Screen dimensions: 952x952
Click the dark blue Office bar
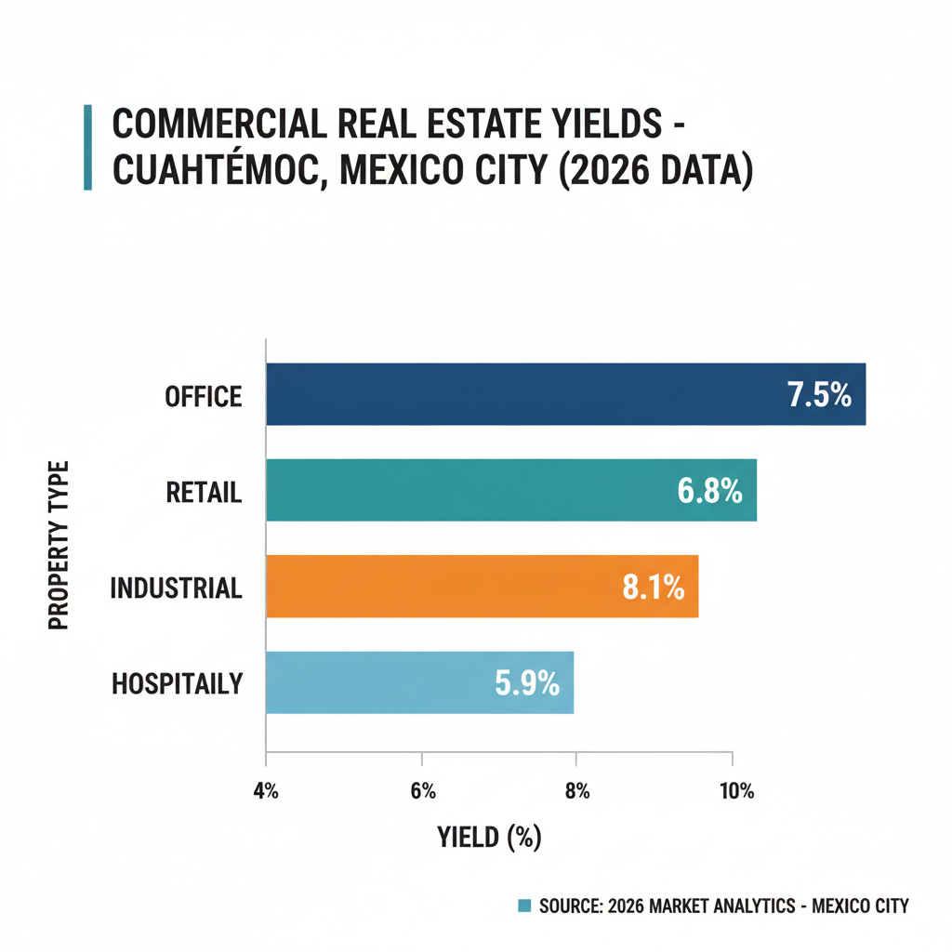pos(521,394)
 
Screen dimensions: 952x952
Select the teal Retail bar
pos(465,490)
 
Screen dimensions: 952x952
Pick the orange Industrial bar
pos(437,586)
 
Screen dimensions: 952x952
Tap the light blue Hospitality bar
pos(372,682)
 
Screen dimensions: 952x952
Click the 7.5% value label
pos(819,395)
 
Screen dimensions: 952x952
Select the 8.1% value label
pos(653,587)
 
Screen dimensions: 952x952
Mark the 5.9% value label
pos(527,683)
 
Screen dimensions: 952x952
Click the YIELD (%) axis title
pos(489,837)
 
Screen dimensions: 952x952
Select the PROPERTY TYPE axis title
pos(59,544)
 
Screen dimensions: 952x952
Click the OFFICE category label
pos(204,397)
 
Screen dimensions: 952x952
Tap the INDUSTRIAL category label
pos(177,588)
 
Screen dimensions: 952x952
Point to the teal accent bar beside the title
pos(87,148)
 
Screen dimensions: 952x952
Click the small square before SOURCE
pos(523,906)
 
